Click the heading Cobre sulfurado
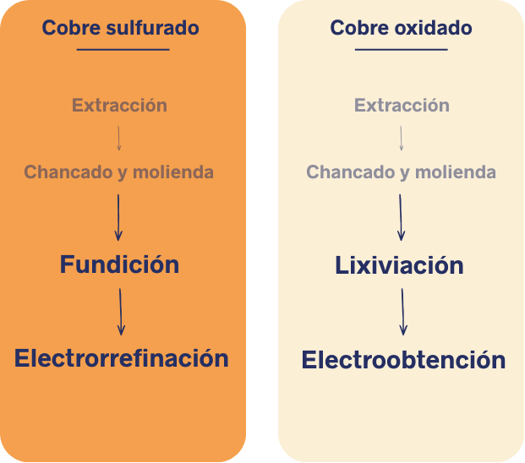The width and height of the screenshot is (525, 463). (x=121, y=27)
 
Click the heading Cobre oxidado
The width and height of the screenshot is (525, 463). (x=401, y=27)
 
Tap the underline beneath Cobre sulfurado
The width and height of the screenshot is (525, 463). (x=123, y=50)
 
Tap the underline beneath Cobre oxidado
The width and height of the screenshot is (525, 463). (x=401, y=50)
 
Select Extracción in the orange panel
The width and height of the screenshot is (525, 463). (x=119, y=105)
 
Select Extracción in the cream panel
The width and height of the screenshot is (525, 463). (x=402, y=105)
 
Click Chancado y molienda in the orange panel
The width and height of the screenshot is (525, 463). (x=119, y=172)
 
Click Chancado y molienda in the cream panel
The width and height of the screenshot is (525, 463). (x=401, y=172)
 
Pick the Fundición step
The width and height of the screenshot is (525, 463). (x=119, y=264)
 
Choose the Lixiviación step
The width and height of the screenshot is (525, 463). (x=399, y=265)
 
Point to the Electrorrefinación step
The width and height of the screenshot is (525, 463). (x=122, y=358)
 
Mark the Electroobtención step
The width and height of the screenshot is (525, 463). (x=403, y=360)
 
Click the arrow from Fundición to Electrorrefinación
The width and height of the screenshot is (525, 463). (x=121, y=312)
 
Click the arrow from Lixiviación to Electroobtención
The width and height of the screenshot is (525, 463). (x=402, y=312)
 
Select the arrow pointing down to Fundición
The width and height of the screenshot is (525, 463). (x=118, y=217)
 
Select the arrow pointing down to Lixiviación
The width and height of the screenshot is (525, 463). (x=401, y=217)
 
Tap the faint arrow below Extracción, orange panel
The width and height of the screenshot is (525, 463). (x=118, y=139)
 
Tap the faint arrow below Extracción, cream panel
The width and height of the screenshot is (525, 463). (x=401, y=139)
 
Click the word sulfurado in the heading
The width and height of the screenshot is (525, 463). (x=153, y=27)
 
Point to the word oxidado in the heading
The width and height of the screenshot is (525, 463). (x=434, y=27)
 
